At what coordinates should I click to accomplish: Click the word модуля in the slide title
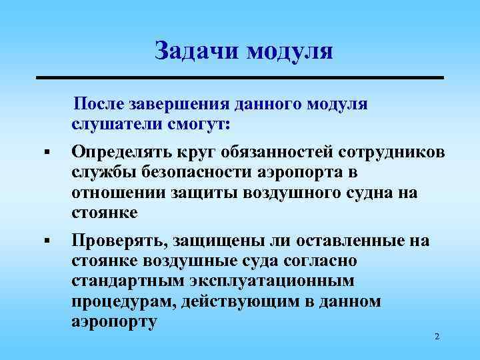(289, 50)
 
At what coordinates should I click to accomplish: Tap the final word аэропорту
(114, 321)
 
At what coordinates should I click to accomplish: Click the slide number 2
(436, 337)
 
